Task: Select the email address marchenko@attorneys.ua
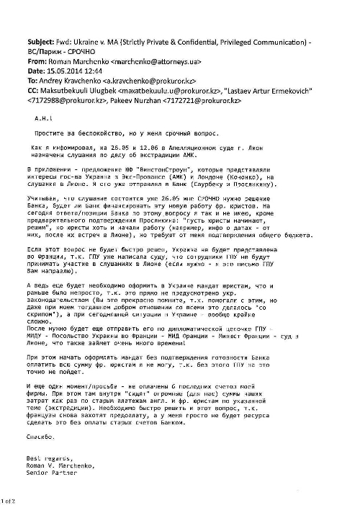(150, 63)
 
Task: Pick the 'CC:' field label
(35, 93)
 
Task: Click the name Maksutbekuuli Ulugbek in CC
(82, 93)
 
